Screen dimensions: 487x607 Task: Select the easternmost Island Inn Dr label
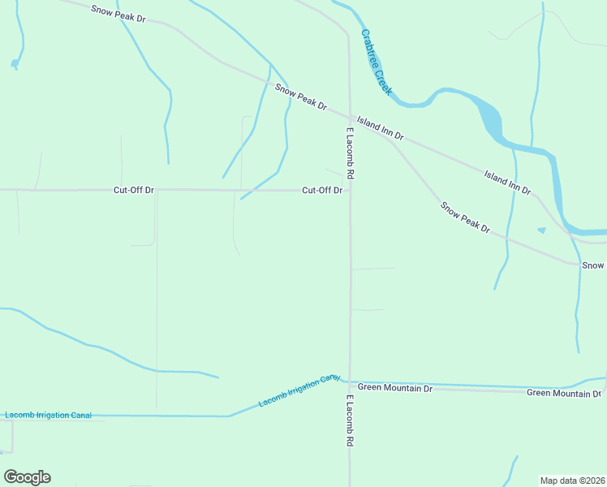(x=507, y=183)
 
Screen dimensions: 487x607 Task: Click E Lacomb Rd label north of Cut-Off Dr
(x=351, y=153)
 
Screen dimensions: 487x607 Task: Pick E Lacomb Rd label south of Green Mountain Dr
(x=351, y=420)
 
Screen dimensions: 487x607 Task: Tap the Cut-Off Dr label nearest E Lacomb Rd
(x=322, y=191)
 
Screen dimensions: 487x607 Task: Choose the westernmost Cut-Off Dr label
(x=134, y=191)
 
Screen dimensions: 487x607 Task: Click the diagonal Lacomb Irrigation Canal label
(x=298, y=391)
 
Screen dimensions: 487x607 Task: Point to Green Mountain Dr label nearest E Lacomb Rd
(x=395, y=389)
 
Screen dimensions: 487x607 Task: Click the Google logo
(x=27, y=477)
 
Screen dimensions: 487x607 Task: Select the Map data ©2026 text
(x=573, y=481)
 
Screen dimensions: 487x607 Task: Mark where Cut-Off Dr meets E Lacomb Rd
(x=350, y=192)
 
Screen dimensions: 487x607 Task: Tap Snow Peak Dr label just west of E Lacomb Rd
(x=300, y=97)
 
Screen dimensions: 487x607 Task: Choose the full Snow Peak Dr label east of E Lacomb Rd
(x=465, y=218)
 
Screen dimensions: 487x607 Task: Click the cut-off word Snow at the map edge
(x=592, y=265)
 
